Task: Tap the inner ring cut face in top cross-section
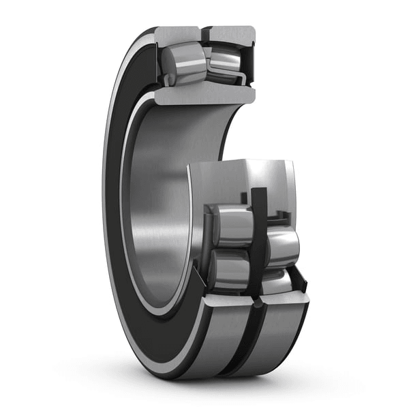[x=204, y=93]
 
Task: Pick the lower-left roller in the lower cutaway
[x=228, y=269]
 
